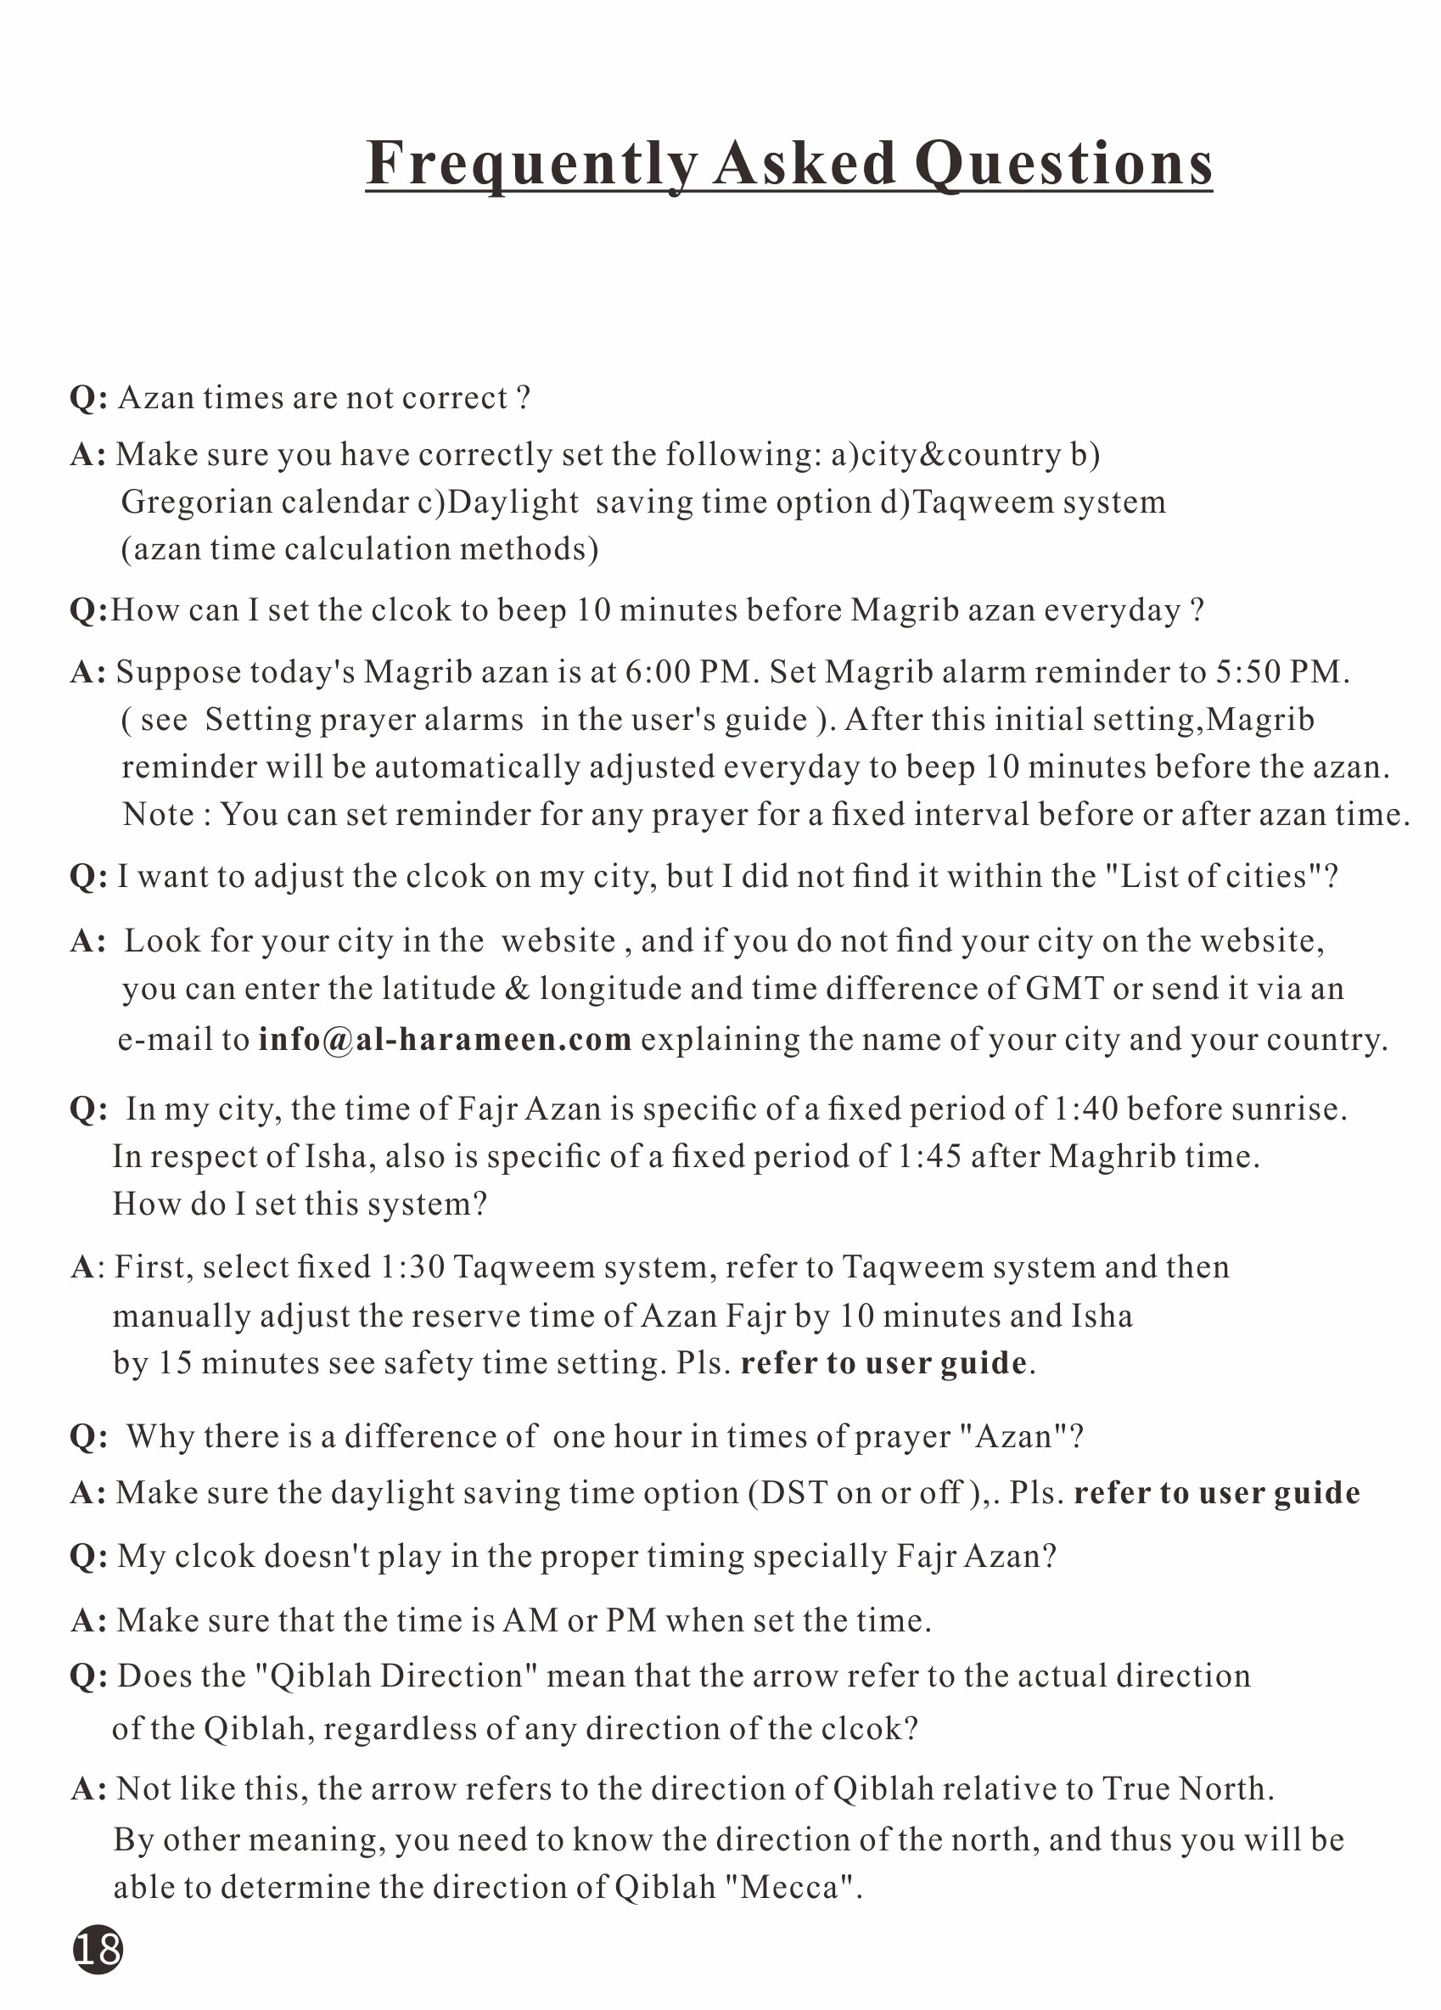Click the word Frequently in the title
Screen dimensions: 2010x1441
[532, 164]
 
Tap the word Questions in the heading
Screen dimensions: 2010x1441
[1063, 164]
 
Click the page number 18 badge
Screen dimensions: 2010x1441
[98, 1950]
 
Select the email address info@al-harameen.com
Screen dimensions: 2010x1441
[445, 1039]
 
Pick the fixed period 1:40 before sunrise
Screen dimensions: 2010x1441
[1085, 1109]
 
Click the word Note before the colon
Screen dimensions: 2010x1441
[160, 813]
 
